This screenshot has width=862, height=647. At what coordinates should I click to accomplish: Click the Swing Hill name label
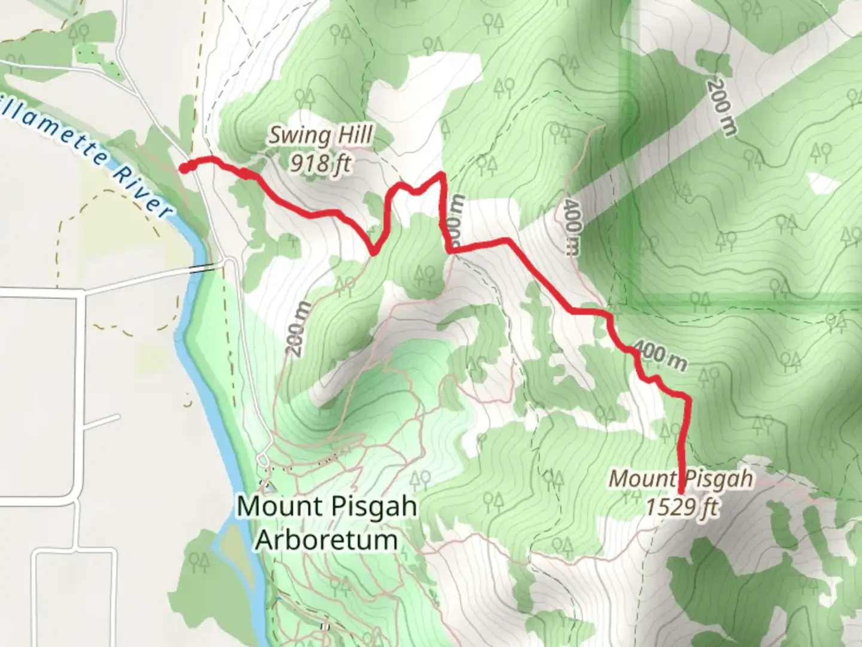(x=320, y=136)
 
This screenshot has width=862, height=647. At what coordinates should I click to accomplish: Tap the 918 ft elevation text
(x=320, y=162)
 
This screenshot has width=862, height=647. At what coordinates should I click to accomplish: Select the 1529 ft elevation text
(x=681, y=507)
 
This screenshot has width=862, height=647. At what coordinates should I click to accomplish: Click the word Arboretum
(x=327, y=540)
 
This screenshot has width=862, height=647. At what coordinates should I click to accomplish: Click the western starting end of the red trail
(x=183, y=168)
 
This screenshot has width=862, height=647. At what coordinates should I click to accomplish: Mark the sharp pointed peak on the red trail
(x=442, y=174)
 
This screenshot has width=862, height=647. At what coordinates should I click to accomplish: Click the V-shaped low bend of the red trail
(x=374, y=253)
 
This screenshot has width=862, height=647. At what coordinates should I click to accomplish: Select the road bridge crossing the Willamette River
(x=204, y=268)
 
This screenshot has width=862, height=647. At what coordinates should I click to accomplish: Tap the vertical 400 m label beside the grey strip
(x=572, y=228)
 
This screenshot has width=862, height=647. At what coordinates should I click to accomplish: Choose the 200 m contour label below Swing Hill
(x=300, y=329)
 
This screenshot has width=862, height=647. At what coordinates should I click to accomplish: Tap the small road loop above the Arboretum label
(x=262, y=460)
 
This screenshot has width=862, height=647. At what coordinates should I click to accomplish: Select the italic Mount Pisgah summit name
(x=681, y=479)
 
